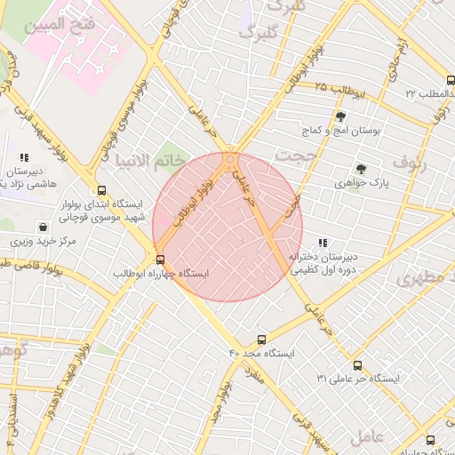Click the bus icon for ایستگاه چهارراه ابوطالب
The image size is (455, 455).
pos(160,259)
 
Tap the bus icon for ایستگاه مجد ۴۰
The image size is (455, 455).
pos(261,339)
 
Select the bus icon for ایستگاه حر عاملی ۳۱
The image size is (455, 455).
pos(357,365)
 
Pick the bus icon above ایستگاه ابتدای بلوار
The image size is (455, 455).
pos(101,189)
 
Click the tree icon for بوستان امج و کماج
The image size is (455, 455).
pos(340,116)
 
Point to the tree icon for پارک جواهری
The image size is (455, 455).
pos(361,168)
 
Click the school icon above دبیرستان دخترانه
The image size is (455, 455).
pos(323,243)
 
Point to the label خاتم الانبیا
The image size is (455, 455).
pos(150,161)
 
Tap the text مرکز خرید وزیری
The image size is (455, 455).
pos(38,241)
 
